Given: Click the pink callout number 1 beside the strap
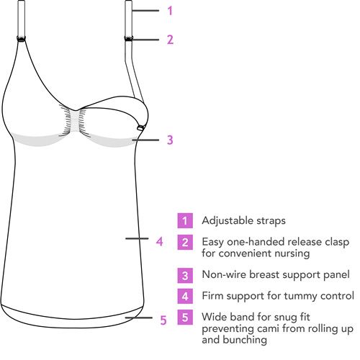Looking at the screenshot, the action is (170, 11).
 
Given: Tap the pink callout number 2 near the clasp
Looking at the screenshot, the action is (170, 40).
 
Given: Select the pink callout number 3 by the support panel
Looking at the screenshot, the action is (170, 140).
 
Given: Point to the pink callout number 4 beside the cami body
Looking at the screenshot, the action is (160, 241).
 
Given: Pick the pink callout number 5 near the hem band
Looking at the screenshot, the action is (163, 320).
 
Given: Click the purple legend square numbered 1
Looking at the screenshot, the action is (185, 220).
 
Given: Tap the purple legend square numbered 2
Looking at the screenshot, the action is (185, 243).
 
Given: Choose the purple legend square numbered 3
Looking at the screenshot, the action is (185, 276).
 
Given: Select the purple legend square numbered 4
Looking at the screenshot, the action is (185, 296).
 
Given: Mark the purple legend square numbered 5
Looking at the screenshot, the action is (185, 318).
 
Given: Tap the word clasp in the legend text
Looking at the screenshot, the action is (337, 242).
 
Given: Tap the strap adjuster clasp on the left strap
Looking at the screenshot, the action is (21, 38).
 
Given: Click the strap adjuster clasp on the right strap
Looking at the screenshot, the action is (129, 38).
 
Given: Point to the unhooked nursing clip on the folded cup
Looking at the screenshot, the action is (140, 128).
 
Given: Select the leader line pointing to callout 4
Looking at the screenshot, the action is (137, 238).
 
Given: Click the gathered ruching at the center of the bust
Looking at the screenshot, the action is (76, 121).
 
